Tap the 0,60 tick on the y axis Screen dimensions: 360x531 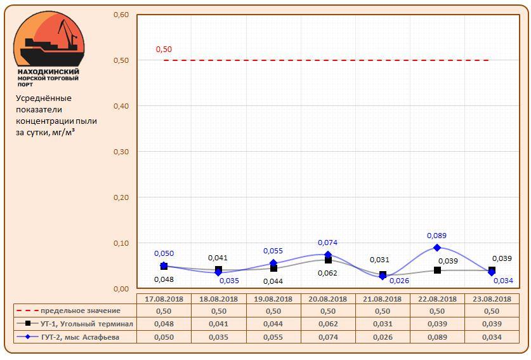(121, 15)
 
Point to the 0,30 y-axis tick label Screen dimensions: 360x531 (121, 152)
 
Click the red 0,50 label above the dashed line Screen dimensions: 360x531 (164, 49)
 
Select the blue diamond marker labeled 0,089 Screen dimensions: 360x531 (437, 248)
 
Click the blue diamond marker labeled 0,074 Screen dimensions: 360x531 (328, 255)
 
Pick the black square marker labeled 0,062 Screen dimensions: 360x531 (328, 260)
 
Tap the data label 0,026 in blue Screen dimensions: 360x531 (399, 280)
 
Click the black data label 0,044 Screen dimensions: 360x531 (273, 281)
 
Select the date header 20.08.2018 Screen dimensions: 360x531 (328, 299)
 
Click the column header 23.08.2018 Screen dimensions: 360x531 (492, 299)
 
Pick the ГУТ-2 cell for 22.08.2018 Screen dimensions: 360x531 (437, 337)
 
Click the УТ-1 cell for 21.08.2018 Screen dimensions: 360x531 (383, 324)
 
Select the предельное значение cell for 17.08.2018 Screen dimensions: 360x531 (164, 311)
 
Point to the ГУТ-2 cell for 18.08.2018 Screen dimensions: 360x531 (218, 337)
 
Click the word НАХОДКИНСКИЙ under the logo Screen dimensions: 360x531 (48, 72)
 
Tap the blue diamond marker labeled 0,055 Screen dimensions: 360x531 (273, 263)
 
